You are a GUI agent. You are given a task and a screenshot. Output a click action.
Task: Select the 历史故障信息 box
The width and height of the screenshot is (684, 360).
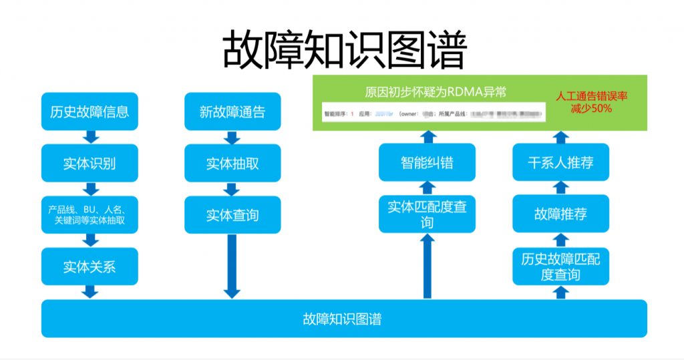(x=90, y=112)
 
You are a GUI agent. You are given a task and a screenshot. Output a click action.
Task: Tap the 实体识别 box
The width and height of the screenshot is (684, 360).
(x=90, y=163)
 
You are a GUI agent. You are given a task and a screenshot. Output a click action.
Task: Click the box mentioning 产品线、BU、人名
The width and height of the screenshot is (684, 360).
(x=90, y=214)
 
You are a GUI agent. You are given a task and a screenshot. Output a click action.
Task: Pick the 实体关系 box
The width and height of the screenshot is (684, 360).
(x=90, y=266)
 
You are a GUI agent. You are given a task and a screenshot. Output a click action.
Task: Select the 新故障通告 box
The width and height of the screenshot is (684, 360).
(x=232, y=112)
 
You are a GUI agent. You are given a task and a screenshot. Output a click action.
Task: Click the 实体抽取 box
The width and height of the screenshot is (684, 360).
(x=232, y=163)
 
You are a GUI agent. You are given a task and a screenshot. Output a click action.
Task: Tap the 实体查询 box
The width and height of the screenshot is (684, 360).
(x=232, y=215)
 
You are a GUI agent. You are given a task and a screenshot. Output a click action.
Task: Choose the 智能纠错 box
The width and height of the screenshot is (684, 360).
(x=427, y=162)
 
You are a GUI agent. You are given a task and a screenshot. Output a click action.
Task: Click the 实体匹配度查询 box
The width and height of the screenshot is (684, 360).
(x=427, y=214)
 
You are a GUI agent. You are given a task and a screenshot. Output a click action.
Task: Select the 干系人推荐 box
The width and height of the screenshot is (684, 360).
(x=561, y=162)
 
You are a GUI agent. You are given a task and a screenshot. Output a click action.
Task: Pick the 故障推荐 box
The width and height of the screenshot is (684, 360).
(x=561, y=214)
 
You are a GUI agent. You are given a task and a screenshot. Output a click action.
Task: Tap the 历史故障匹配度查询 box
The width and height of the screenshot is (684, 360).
(x=561, y=266)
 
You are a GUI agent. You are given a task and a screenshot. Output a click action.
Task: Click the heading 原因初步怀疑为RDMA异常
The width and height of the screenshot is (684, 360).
(x=435, y=92)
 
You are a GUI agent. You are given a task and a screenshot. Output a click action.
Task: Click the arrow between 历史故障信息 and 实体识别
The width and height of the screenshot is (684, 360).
(x=90, y=137)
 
